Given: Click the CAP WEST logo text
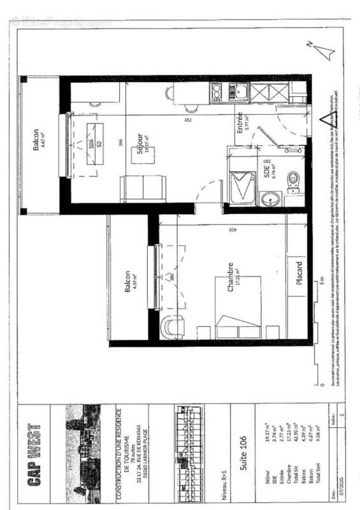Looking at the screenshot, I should pos(34,453).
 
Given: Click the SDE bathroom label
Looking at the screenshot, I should pos(268,169).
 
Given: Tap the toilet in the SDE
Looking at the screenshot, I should pos(294,180).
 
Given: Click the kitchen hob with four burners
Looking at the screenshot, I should pos(217,92).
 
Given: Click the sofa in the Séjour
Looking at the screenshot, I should pos(144,187).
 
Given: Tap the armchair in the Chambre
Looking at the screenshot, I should pos(171,327).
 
